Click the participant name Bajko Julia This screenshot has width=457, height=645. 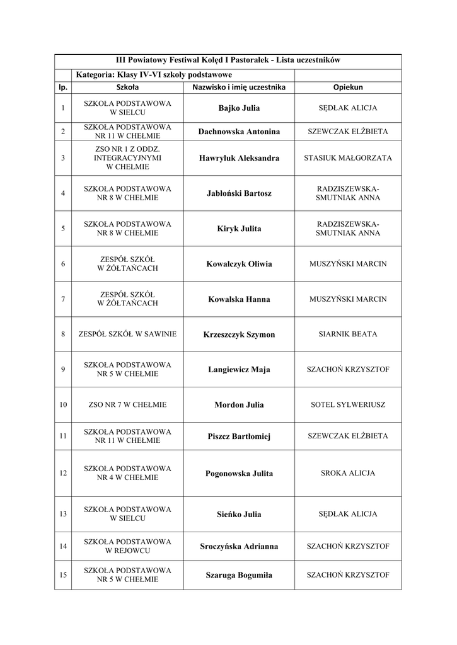tap(239, 108)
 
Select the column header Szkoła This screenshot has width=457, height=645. tap(127, 87)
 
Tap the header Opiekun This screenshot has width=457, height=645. tap(348, 87)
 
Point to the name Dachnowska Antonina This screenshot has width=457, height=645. tap(239, 132)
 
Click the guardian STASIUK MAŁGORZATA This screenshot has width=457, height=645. tap(348, 158)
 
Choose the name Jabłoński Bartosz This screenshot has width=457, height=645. tap(239, 193)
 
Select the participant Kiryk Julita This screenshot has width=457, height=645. tap(239, 229)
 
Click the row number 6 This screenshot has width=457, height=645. tap(63, 264)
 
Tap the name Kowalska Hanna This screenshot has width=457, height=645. tap(239, 299)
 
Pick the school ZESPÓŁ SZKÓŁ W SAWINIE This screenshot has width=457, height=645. tap(127, 334)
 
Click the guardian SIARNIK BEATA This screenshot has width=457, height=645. tap(348, 334)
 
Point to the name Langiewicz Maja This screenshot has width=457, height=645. tap(239, 370)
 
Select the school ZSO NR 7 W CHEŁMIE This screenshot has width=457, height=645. tap(127, 405)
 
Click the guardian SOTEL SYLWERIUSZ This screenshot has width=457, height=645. tap(348, 405)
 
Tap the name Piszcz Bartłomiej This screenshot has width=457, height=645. tap(239, 437)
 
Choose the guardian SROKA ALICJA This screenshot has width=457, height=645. tap(348, 473)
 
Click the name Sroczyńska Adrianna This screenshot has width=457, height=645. tap(239, 546)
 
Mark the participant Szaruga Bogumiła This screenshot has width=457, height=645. tap(239, 575)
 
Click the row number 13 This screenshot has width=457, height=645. tap(63, 514)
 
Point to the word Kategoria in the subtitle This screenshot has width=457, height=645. tap(93, 75)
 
